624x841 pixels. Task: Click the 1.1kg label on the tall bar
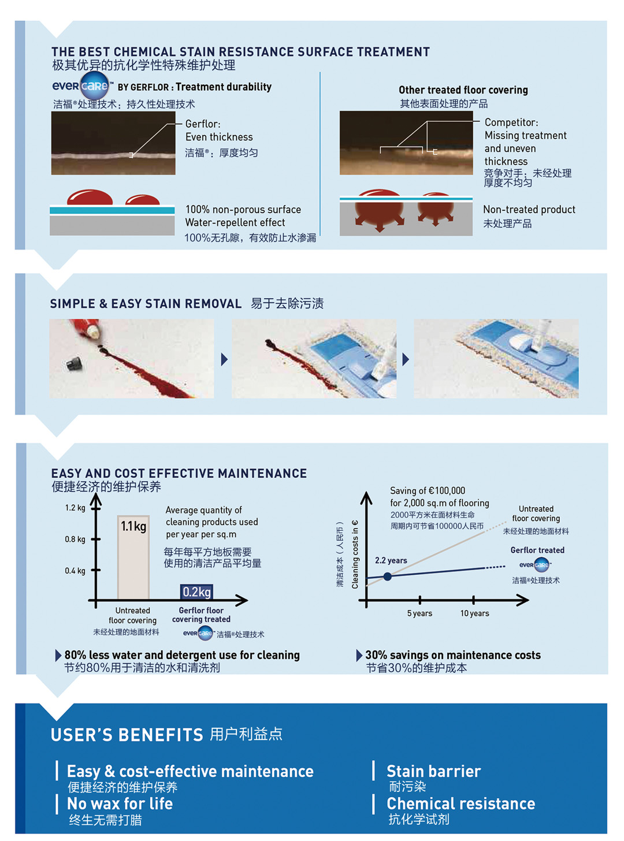pyautogui.click(x=133, y=526)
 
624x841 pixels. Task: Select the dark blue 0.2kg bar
pyautogui.click(x=196, y=591)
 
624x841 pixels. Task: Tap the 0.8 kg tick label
pyautogui.click(x=75, y=539)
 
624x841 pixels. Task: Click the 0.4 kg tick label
pyautogui.click(x=75, y=570)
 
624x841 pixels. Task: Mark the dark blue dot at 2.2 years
pyautogui.click(x=387, y=576)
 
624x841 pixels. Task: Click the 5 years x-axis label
pyautogui.click(x=419, y=613)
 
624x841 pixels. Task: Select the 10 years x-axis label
pyautogui.click(x=474, y=613)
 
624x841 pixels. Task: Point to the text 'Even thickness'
pyautogui.click(x=219, y=137)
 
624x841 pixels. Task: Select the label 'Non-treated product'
pyautogui.click(x=529, y=209)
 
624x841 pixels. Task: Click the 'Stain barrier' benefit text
pyautogui.click(x=433, y=771)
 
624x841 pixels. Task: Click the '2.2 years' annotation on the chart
pyautogui.click(x=391, y=560)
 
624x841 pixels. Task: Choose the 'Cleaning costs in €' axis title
pyautogui.click(x=355, y=554)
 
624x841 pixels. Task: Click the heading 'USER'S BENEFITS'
pyautogui.click(x=127, y=735)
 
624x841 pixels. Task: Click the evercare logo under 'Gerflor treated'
pyautogui.click(x=535, y=564)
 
